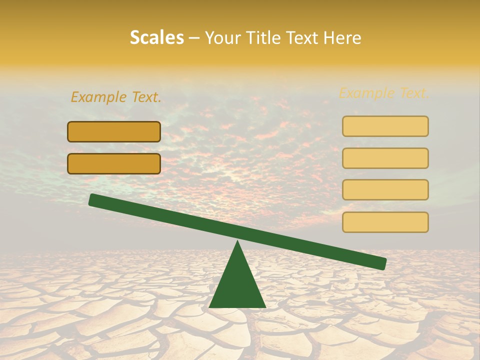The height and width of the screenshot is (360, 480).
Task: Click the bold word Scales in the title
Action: pos(157,37)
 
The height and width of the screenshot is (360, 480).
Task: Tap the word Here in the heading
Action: pos(342,37)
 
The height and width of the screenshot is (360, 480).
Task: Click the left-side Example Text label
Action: pos(116,97)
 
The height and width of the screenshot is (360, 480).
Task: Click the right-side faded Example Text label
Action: pos(384,93)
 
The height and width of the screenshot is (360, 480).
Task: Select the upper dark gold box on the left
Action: pos(114,131)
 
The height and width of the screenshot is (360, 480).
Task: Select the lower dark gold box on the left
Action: pos(114,163)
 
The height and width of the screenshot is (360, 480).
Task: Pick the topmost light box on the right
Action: pos(385,126)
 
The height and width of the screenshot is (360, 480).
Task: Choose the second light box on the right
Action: pos(385,158)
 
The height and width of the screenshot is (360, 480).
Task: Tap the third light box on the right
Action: pos(385,190)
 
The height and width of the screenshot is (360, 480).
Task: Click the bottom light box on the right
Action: pos(385,222)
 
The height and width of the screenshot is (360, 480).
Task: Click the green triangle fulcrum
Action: pos(237,285)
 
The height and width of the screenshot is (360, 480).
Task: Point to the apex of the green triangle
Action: pos(237,242)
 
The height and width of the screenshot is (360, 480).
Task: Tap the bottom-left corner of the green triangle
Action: pos(210,306)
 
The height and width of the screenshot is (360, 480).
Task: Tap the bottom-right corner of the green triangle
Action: pos(264,306)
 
